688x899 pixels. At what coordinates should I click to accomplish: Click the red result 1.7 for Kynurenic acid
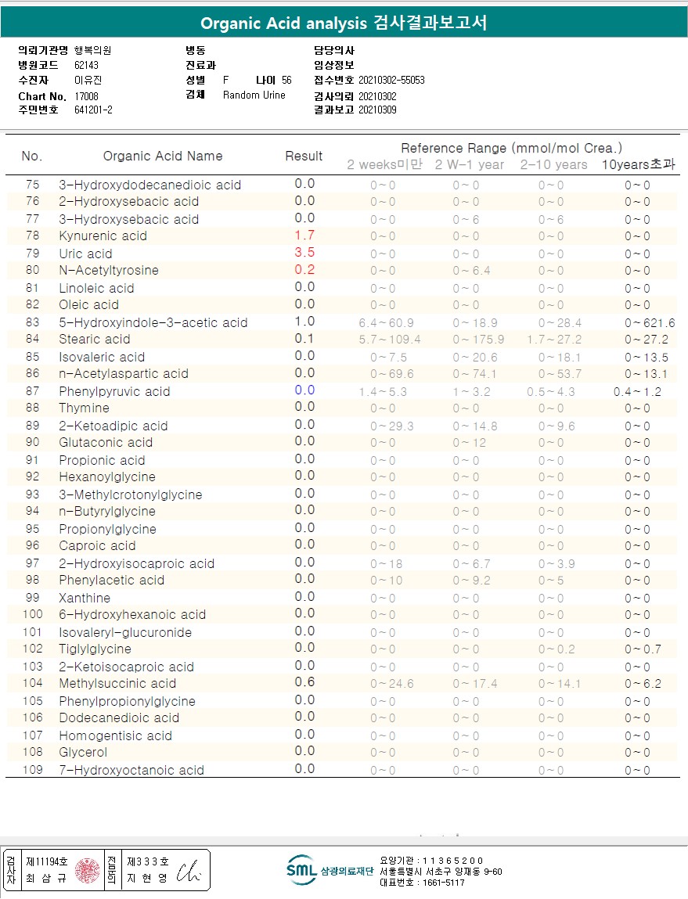[x=304, y=236]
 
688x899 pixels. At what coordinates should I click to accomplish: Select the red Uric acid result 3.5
[x=304, y=253]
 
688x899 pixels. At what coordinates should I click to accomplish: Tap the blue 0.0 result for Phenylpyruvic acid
[x=304, y=390]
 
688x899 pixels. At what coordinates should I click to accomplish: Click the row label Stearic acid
[x=95, y=340]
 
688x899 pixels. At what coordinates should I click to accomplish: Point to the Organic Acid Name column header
[x=163, y=156]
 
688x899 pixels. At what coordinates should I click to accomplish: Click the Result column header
[x=304, y=156]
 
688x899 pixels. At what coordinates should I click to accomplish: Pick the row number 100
[x=32, y=615]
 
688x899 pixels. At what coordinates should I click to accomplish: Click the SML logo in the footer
[x=302, y=870]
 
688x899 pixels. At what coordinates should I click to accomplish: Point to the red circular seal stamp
[x=88, y=870]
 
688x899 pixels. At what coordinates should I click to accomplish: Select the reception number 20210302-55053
[x=391, y=80]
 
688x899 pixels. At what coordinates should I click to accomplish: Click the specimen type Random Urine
[x=254, y=95]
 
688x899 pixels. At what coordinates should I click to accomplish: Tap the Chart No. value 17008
[x=87, y=95]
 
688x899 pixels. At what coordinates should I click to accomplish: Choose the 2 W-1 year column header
[x=470, y=164]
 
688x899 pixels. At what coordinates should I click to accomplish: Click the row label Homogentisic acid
[x=115, y=735]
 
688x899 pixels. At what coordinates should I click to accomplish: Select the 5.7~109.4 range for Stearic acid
[x=389, y=340]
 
